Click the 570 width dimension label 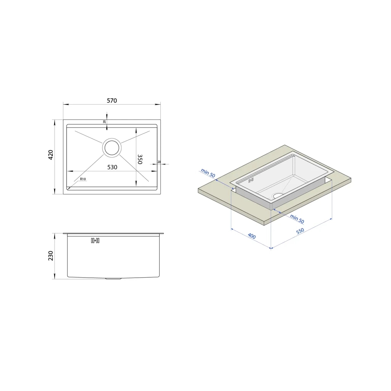point(112,100)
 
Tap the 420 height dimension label point(51,155)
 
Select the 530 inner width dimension point(112,167)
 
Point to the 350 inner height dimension point(140,159)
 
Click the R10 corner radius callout point(83,179)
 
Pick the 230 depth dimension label point(51,256)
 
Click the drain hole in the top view point(112,148)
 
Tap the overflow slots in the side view point(95,241)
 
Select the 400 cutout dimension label point(252,236)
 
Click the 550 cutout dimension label point(300,231)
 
